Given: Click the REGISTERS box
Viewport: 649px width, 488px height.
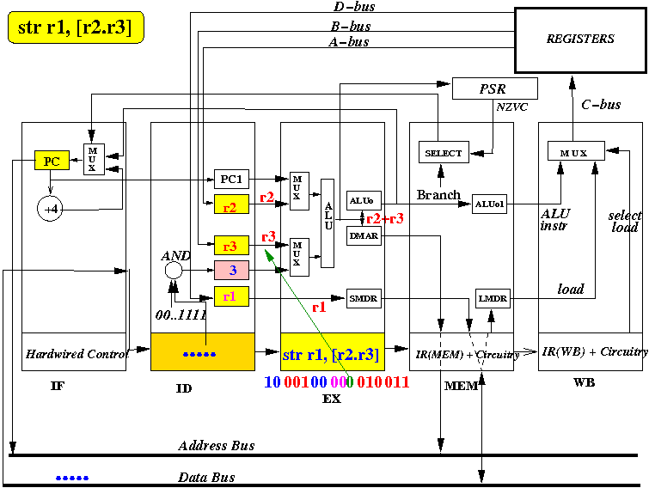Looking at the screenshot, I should point(580,39).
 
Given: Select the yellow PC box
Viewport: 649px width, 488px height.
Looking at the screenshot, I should point(51,161).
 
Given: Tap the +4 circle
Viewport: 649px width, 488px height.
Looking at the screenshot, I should point(51,207).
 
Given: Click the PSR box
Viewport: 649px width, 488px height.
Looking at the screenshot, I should point(494,88).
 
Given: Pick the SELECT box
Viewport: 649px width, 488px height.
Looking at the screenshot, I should point(444,153).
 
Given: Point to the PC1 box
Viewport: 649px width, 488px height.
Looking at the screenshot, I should point(231,180).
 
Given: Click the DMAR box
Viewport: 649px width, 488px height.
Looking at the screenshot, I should point(363,236).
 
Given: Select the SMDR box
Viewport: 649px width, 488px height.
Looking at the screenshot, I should point(363,298).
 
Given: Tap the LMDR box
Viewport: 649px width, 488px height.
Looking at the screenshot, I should point(493,298).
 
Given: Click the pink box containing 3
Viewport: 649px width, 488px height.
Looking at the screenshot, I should point(231,271).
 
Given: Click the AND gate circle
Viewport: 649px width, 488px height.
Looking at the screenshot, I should point(173,271).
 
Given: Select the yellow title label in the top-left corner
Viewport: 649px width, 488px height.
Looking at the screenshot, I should point(75,28).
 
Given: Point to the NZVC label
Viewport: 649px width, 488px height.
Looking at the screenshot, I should point(513,108).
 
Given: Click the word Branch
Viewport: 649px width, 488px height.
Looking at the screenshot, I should point(438,195).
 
